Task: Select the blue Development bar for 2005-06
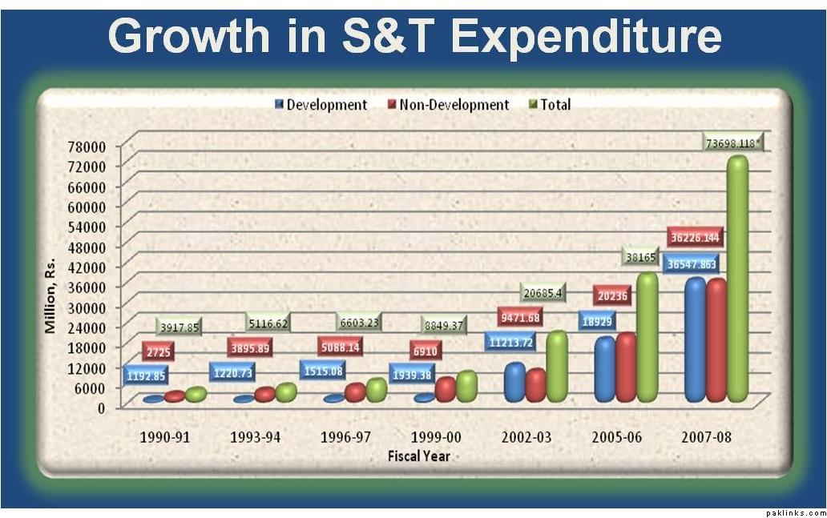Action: (605, 368)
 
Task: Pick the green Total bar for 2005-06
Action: (646, 336)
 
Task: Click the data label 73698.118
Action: (733, 143)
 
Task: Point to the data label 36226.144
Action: (694, 238)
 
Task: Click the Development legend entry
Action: (321, 105)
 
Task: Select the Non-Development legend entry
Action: (448, 105)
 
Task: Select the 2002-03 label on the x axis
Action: (527, 438)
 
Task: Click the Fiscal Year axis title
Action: (418, 456)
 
